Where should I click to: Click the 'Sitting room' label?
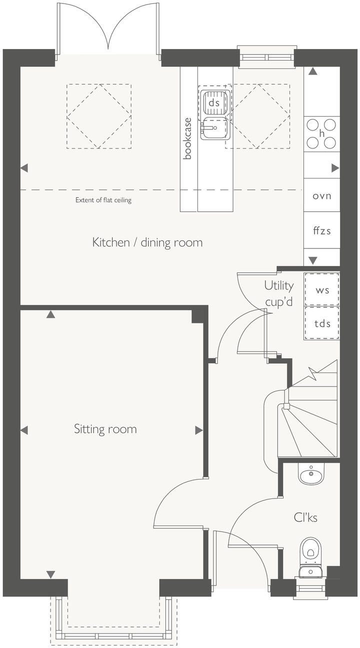pos(105,429)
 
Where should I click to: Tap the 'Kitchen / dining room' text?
pos(147,242)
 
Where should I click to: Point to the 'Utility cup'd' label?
pos(278,293)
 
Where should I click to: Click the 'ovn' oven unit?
pos(322,196)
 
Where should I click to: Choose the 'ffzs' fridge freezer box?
pos(322,231)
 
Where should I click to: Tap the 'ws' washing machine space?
pos(322,289)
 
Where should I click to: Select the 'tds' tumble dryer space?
pos(322,323)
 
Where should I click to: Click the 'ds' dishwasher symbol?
pos(214,102)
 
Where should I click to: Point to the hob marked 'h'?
pos(322,133)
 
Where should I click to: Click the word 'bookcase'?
pos(188,138)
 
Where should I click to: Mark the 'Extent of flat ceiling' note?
pos(103,200)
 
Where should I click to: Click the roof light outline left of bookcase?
pos(99,116)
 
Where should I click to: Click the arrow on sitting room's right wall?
pos(198,430)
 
